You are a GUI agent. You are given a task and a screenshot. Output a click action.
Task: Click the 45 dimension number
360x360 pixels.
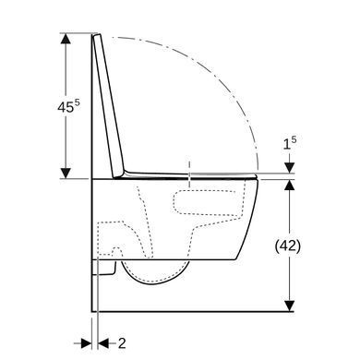66,107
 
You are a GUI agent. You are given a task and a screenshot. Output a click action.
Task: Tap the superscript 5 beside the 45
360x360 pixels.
77,103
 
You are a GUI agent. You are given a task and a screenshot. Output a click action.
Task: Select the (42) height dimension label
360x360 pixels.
288,246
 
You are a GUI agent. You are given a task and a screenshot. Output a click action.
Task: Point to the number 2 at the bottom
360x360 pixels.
122,343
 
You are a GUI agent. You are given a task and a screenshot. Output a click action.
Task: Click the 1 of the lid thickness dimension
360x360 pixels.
286,144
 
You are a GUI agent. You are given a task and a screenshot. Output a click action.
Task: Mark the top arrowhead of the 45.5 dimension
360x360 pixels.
66,39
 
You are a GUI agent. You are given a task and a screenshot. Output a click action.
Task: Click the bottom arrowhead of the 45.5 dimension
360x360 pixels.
66,173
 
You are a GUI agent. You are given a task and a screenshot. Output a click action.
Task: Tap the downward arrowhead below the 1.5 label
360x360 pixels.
289,168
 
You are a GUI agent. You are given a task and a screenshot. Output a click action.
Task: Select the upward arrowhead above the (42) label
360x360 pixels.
289,186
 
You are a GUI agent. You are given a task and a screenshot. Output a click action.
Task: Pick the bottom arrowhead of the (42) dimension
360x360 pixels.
289,306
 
